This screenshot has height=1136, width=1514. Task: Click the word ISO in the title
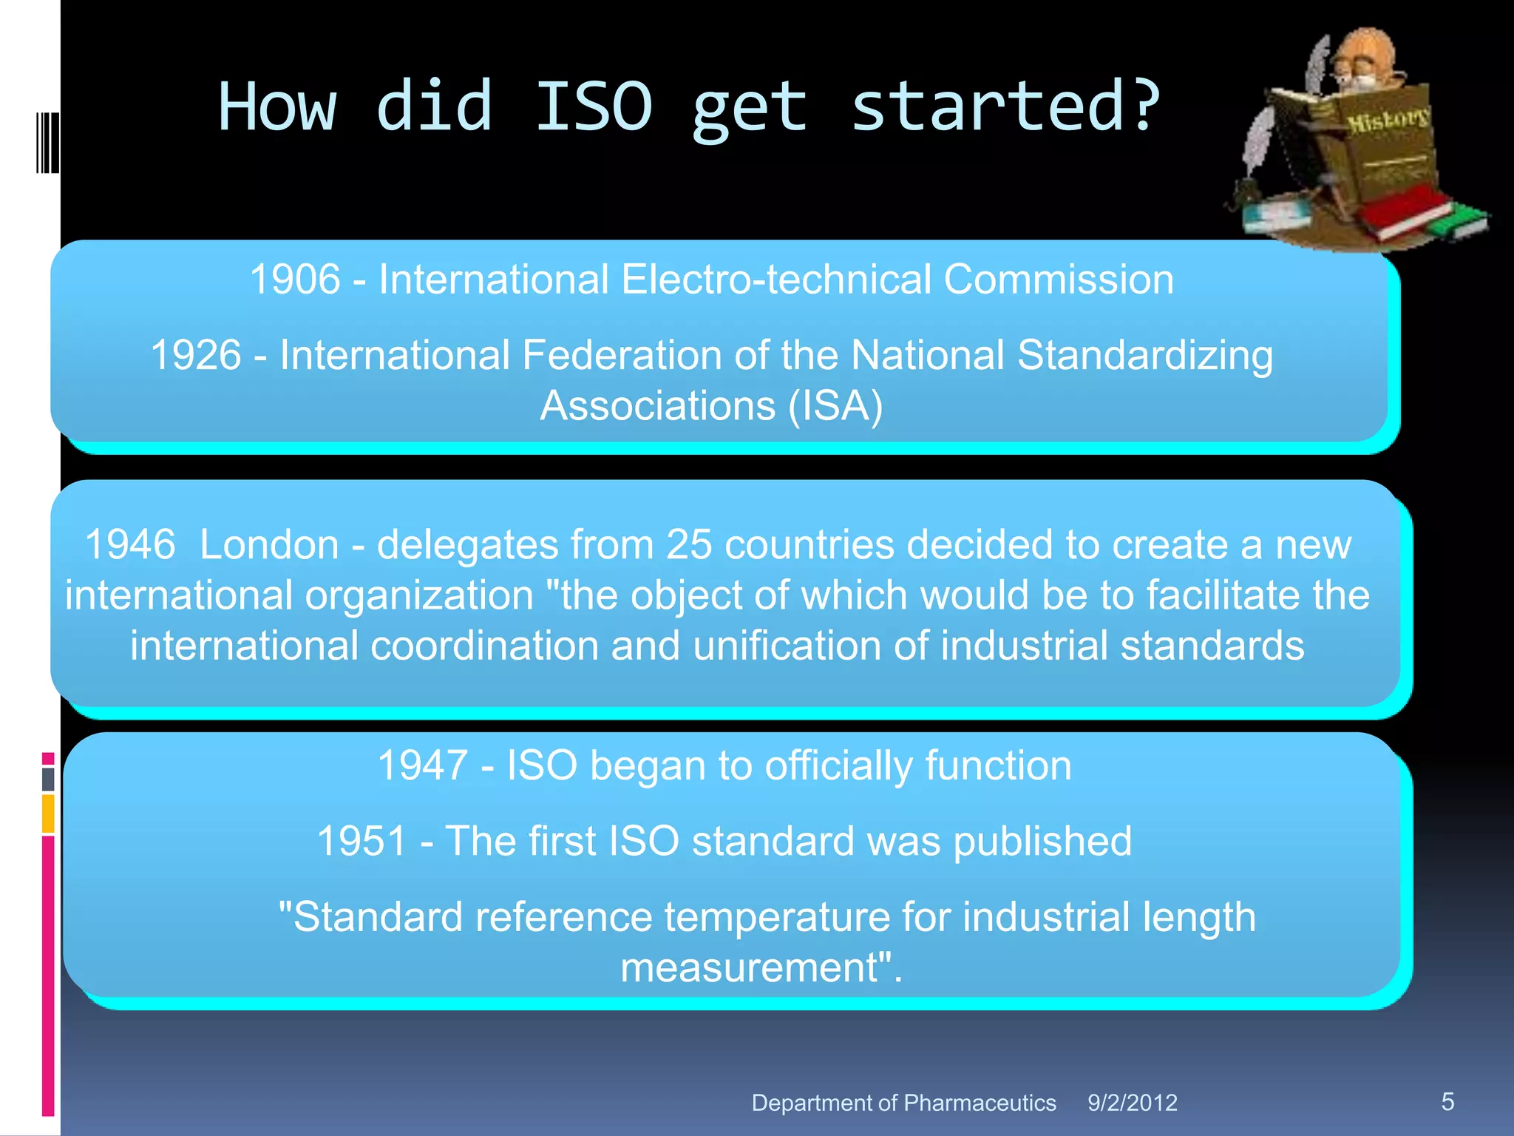(594, 107)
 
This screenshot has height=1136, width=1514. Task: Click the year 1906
(294, 280)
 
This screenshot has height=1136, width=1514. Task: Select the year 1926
(196, 355)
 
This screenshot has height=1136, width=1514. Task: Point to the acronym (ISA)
(835, 406)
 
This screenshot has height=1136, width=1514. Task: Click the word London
(269, 545)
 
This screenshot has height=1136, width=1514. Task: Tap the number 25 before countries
(689, 545)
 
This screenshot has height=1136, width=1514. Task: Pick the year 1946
(130, 545)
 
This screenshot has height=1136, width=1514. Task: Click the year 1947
(422, 765)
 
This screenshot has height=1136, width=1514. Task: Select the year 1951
(361, 842)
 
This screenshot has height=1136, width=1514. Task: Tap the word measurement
(747, 967)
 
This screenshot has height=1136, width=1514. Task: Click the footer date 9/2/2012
(1132, 1103)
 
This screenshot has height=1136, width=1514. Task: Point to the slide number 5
(1447, 1101)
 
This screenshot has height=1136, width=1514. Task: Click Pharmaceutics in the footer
(980, 1103)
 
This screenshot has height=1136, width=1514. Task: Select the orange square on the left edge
(48, 813)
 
